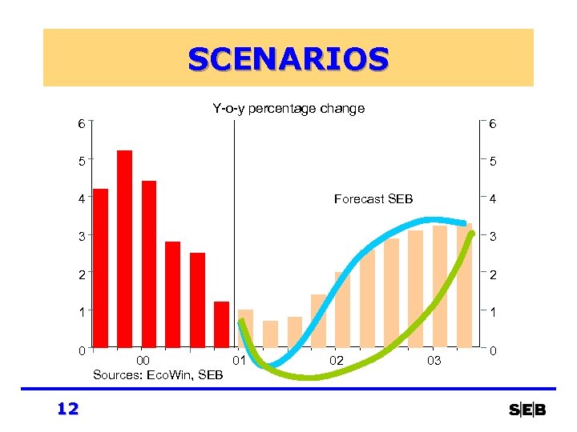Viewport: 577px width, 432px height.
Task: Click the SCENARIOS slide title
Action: (288, 58)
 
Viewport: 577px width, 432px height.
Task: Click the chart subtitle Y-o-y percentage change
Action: (288, 108)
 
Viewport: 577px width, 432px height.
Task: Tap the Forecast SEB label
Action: (373, 199)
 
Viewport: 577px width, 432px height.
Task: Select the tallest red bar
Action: (124, 249)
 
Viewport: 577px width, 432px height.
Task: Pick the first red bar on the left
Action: (100, 269)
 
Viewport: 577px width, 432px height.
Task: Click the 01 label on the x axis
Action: (238, 362)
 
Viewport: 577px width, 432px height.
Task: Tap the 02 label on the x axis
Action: (337, 362)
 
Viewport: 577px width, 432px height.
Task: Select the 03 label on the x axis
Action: (434, 362)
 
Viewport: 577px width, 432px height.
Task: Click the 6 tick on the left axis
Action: (81, 124)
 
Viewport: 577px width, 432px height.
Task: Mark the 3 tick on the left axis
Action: (81, 236)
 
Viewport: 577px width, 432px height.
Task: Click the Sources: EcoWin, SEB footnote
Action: (158, 374)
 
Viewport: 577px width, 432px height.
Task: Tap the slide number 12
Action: (68, 410)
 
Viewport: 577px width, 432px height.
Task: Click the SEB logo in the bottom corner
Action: (527, 410)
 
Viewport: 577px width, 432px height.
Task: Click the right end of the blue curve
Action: (464, 222)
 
